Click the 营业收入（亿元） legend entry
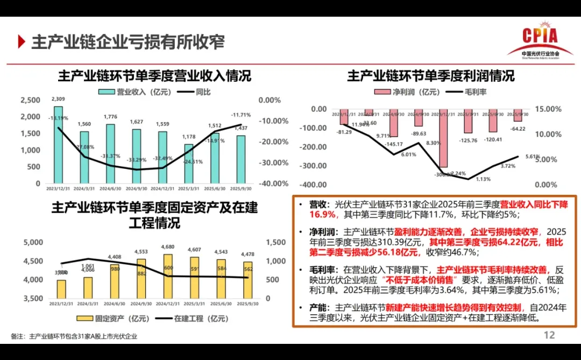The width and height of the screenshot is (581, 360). [134, 92]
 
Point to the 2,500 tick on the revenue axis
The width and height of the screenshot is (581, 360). [30, 100]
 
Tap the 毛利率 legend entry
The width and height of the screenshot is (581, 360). [468, 92]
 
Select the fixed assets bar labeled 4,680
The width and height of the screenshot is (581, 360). [168, 276]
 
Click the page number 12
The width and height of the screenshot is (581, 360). [549, 335]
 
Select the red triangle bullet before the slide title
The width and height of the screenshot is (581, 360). [21, 41]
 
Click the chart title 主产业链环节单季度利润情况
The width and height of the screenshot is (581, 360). [431, 75]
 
